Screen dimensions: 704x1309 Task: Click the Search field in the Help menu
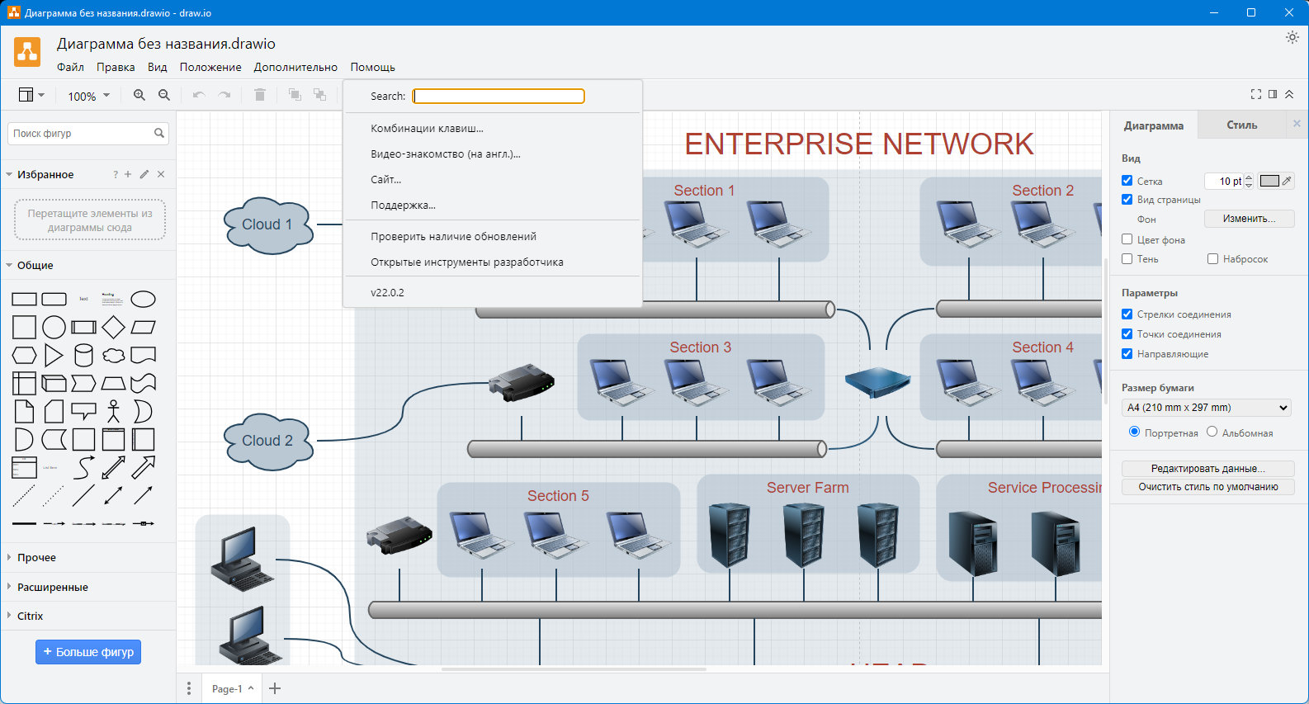[x=499, y=97]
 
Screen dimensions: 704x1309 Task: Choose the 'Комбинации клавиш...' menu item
[x=427, y=129]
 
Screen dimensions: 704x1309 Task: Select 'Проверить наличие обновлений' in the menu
[x=453, y=237]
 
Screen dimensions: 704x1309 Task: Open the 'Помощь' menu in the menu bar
[x=372, y=68]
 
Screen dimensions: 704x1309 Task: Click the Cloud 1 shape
[x=267, y=224]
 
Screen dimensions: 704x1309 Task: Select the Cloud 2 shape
[x=267, y=441]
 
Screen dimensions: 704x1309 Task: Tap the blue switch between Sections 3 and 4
[x=877, y=382]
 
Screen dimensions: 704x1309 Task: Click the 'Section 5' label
[x=558, y=496]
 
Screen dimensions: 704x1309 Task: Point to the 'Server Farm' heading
[x=807, y=488]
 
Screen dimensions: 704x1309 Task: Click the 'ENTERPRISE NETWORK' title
[x=858, y=144]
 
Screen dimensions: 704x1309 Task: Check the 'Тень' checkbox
[x=1127, y=259]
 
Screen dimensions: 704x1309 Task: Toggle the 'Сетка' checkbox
[x=1127, y=181]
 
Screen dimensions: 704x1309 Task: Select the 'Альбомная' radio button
[x=1212, y=432]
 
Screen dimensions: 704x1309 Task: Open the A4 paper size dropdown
[x=1207, y=408]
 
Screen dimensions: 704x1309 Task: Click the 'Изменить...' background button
[x=1248, y=219]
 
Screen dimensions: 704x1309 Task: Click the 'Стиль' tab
[x=1241, y=125]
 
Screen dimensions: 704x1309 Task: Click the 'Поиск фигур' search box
[x=81, y=134]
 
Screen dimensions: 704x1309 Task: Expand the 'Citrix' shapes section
[x=31, y=617]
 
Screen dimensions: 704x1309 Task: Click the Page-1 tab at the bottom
[x=227, y=689]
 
